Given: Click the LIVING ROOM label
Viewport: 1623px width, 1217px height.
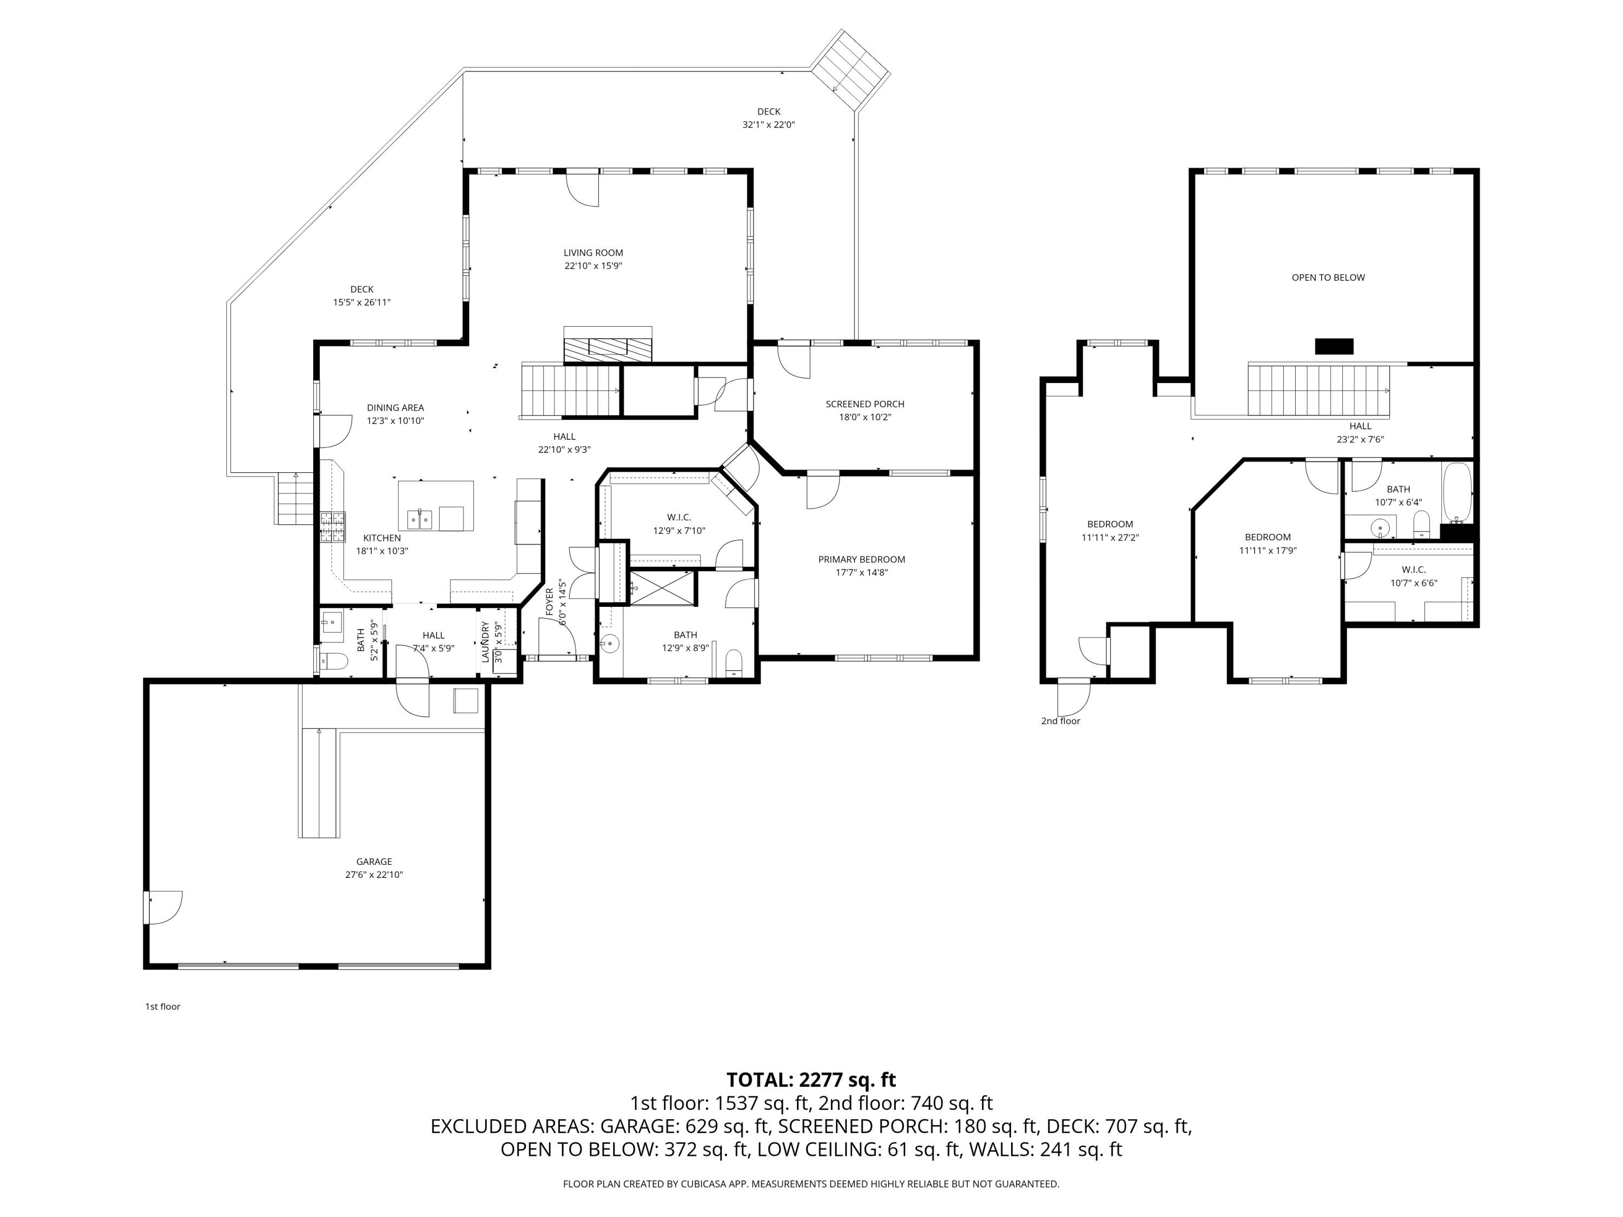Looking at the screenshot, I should pos(593,253).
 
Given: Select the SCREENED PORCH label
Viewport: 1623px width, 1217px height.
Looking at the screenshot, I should pos(865,404).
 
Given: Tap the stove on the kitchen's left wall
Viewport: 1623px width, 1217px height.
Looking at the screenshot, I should pos(332,527).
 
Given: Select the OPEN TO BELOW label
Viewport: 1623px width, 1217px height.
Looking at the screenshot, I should pos(1328,278).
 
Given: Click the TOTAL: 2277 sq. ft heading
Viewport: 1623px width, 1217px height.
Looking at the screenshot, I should pos(811,1080).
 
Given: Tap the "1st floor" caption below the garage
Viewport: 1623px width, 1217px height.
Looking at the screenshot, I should pos(162,1007).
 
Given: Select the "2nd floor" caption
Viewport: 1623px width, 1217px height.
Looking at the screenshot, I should pos(1060,721).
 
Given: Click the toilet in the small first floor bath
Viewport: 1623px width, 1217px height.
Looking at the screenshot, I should pos(334,662).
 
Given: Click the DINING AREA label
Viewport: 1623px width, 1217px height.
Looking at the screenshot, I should pos(395,408).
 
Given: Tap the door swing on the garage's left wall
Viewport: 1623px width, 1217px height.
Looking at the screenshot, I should pos(163,908).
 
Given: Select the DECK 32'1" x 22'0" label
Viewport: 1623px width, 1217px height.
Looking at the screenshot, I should pos(768,118).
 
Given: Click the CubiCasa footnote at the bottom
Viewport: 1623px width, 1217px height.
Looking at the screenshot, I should pos(811,1184).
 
